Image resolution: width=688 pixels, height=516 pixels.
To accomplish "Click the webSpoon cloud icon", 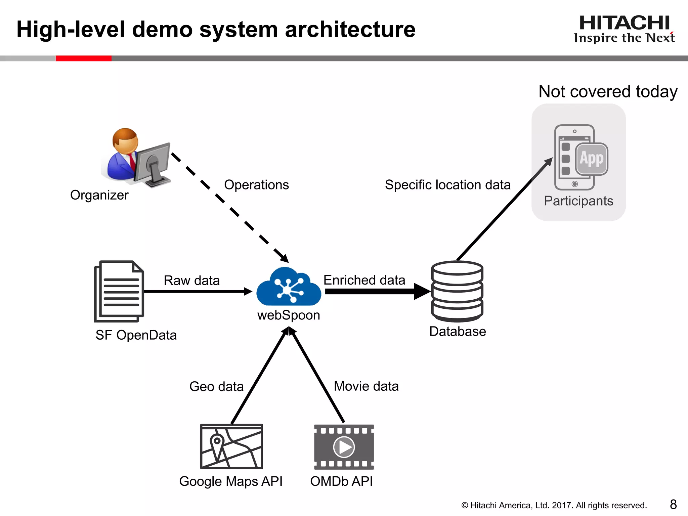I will pos(289,287).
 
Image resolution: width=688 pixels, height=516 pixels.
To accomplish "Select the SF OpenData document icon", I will pos(119,291).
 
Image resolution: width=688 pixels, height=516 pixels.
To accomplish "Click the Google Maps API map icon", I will pos(231,446).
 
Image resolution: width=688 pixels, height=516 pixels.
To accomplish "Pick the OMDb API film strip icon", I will pos(344,447).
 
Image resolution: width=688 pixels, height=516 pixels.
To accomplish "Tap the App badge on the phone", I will pos(592,159).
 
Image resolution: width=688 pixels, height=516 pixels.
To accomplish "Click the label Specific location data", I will pos(447,185).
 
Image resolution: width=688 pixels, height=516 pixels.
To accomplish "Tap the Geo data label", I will pos(216,386).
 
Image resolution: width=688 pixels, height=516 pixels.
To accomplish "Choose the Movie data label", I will pos(366,386).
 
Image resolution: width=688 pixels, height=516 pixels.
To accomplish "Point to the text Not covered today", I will pos(608,91).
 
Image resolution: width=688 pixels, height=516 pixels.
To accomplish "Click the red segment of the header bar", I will pos(83,58).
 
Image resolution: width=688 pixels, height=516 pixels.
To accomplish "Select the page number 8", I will pos(673,504).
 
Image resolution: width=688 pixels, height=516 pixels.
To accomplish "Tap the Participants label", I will pos(578,201).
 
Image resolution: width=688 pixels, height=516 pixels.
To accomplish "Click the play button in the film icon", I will pos(344,447).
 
